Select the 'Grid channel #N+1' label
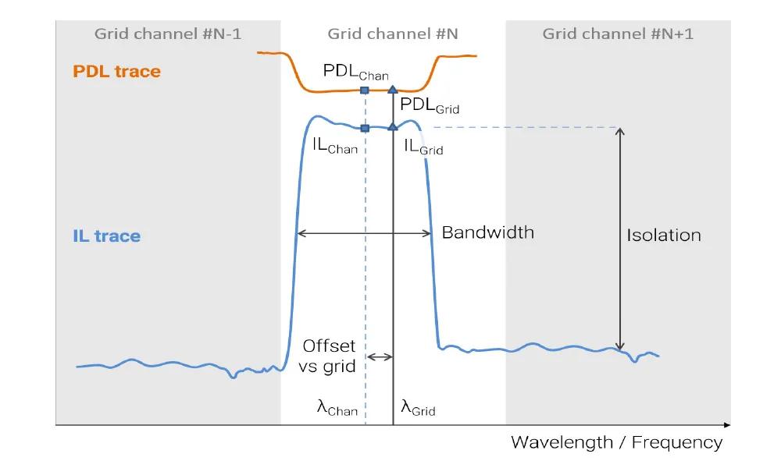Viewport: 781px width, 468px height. point(618,34)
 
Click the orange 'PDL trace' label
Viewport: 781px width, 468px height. point(116,72)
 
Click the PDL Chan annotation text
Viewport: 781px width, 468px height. point(355,72)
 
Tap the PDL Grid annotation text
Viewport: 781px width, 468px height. point(429,105)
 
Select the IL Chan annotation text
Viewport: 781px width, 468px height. point(335,146)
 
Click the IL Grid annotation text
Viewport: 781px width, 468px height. point(423,146)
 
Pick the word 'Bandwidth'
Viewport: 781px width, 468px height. point(488,232)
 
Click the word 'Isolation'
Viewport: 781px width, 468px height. point(664,235)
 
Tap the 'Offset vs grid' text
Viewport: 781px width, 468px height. point(328,356)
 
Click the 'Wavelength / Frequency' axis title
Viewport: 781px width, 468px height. point(616,443)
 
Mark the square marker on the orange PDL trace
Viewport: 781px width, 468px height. point(365,90)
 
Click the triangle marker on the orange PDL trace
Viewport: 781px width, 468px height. point(393,90)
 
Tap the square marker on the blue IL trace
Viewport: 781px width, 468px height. point(365,128)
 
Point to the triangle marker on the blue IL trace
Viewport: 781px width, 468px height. point(393,126)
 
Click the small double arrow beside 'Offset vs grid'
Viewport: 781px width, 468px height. point(380,357)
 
